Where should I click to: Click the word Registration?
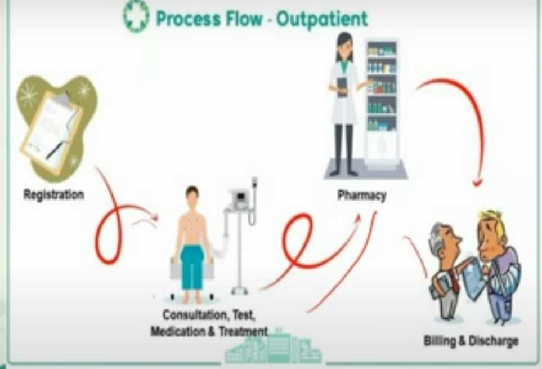pos(53,195)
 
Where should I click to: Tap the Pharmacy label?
pos(361,196)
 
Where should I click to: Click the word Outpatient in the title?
pos(322,19)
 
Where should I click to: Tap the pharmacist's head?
pos(344,45)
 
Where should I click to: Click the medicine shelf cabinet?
pos(383,101)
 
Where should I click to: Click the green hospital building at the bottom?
pos(273,348)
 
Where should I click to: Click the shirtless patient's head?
pos(192,195)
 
